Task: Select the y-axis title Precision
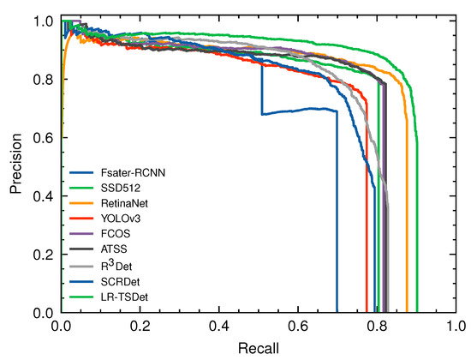[x=15, y=166]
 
